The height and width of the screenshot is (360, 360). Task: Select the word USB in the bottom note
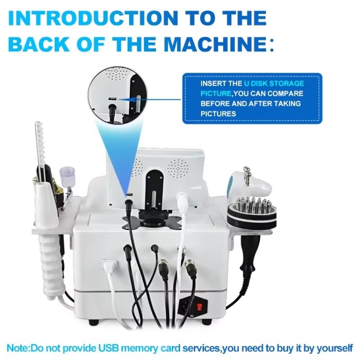tap(108, 348)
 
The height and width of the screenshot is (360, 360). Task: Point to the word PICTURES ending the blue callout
tap(218, 114)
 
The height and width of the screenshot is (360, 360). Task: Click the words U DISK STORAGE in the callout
tap(274, 83)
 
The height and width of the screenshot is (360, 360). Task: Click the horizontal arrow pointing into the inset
tap(149, 99)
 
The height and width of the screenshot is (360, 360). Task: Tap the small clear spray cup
tap(64, 175)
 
